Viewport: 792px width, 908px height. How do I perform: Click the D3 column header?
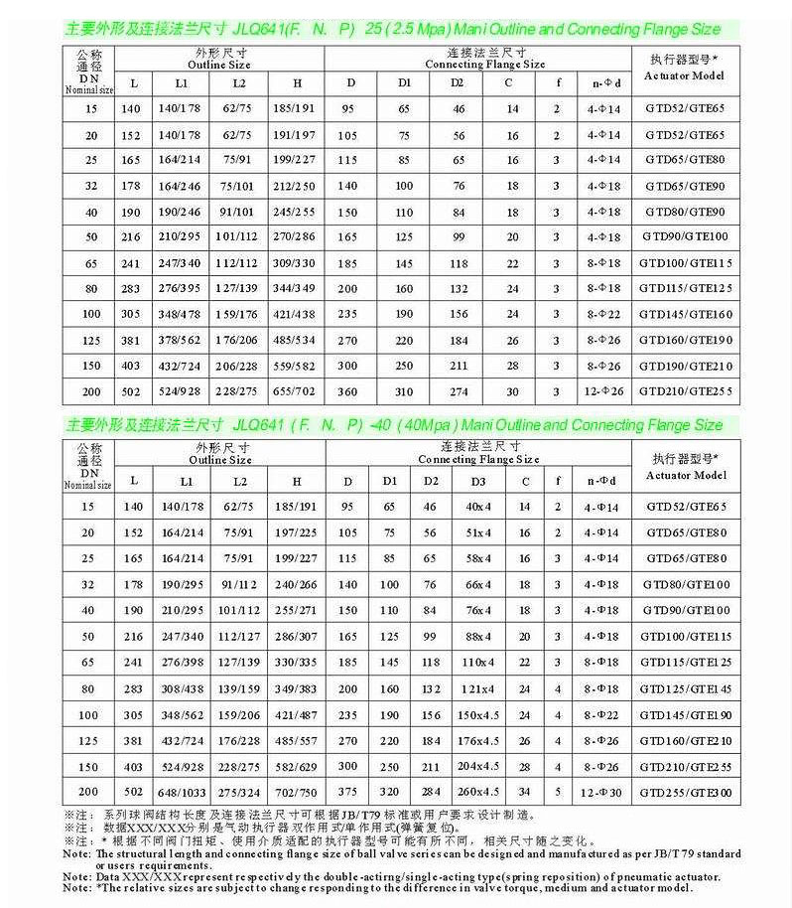pyautogui.click(x=478, y=481)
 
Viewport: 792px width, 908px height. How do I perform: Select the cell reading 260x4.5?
pyautogui.click(x=478, y=791)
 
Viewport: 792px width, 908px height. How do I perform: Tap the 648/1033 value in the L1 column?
pyautogui.click(x=182, y=791)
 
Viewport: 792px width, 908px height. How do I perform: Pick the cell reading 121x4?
pyautogui.click(x=478, y=687)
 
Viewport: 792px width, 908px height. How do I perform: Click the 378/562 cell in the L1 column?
pyautogui.click(x=182, y=340)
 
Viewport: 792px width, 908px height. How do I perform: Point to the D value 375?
pyautogui.click(x=348, y=791)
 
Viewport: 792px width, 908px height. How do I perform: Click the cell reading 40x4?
pyautogui.click(x=478, y=507)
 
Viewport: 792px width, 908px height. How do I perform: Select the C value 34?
pyautogui.click(x=525, y=791)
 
